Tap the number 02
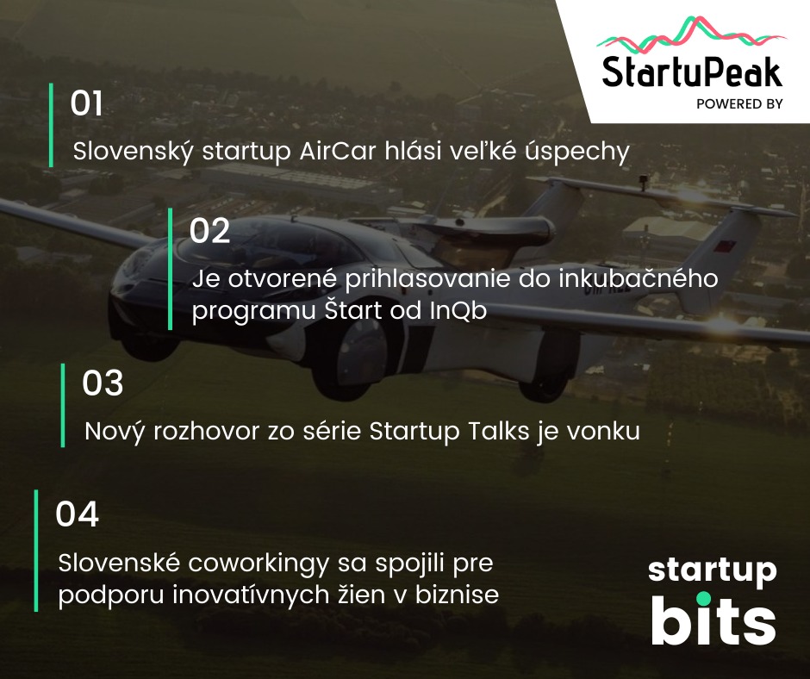coord(209,230)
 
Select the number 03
coord(103,383)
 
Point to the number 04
coord(77,514)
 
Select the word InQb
coord(458,310)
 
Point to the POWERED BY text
coord(739,104)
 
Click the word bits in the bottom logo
coord(713,620)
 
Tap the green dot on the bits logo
coord(703,599)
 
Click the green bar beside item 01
coord(51,125)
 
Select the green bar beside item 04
coord(36,551)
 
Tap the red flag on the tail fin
coord(721,246)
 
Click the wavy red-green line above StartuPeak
coord(692,34)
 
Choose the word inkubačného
coord(639,278)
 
